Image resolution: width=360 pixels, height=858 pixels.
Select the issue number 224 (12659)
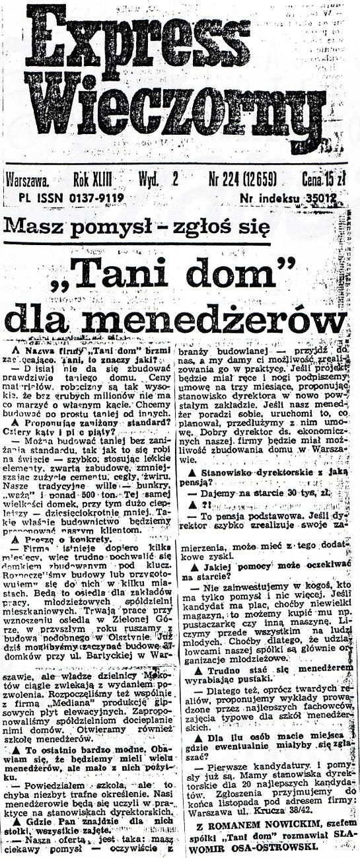tap(242, 179)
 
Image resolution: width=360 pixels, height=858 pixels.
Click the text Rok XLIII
tap(92, 179)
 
